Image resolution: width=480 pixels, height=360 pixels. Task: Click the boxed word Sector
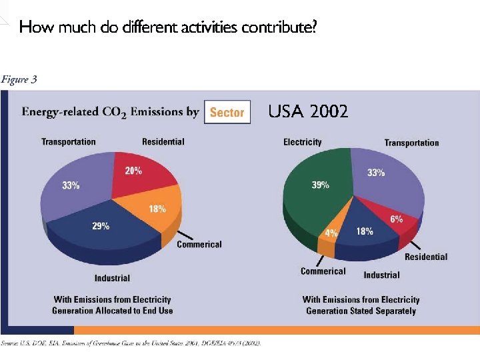[227, 113]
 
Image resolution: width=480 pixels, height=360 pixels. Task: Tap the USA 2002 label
[308, 112]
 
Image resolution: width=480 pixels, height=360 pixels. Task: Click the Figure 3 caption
[19, 79]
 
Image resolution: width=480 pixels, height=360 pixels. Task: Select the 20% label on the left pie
[133, 171]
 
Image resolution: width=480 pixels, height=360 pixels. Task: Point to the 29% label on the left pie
[101, 226]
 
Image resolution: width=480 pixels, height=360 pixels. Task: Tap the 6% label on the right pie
[396, 219]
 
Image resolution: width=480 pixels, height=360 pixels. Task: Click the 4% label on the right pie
[331, 233]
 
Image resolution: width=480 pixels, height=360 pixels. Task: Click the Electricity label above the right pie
[302, 142]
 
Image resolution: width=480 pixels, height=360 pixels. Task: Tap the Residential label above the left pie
[163, 141]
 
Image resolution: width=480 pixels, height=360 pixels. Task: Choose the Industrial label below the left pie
[112, 277]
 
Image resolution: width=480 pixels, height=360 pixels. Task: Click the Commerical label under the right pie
[323, 271]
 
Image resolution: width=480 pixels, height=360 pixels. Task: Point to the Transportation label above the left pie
[69, 141]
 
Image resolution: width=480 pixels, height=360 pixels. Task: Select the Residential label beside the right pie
[426, 257]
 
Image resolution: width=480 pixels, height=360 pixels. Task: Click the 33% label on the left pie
[71, 186]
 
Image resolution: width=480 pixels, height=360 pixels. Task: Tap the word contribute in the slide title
[279, 27]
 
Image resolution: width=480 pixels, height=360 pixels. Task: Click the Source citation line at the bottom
[131, 343]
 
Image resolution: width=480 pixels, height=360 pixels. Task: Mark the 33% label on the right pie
[376, 173]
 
